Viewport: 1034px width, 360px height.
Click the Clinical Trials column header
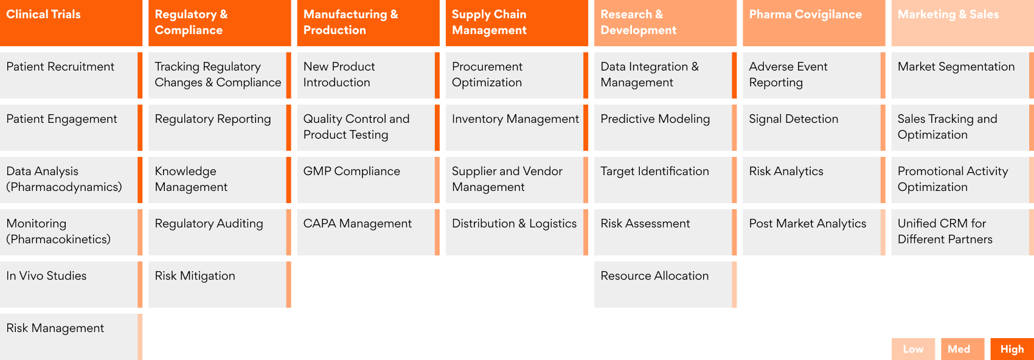[x=71, y=22]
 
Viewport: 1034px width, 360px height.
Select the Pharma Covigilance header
[x=814, y=22]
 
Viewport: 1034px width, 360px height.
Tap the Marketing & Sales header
[x=962, y=22]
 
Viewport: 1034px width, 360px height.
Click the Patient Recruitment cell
[x=71, y=75]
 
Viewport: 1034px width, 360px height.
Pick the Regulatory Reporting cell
[x=220, y=127]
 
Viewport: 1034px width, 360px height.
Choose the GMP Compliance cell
[x=369, y=180]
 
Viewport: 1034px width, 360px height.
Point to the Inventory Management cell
[x=517, y=127]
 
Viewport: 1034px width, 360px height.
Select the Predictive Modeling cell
[x=665, y=127]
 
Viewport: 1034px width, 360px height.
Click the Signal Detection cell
[x=814, y=127]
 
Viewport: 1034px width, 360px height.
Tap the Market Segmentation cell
[x=962, y=75]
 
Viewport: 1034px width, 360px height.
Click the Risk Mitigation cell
[x=220, y=285]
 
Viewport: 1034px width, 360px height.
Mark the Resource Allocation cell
[x=665, y=285]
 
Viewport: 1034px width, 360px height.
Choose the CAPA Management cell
[x=369, y=232]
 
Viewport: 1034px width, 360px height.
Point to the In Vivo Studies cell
[x=71, y=285]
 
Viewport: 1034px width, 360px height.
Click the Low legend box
[x=913, y=349]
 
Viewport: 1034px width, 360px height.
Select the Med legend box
[x=963, y=349]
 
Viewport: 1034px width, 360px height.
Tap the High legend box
[x=1012, y=349]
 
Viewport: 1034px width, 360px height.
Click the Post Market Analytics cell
[x=814, y=232]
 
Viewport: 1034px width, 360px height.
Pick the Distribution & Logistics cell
[x=517, y=232]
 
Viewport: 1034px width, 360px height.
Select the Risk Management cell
[x=71, y=337]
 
